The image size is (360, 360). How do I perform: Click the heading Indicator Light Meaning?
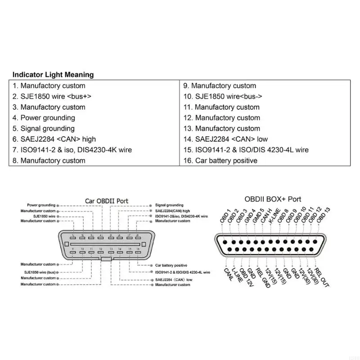53,75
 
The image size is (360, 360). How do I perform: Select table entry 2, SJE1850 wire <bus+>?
52,96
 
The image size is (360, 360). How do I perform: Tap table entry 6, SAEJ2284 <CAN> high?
54,139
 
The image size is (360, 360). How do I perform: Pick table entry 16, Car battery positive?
220,161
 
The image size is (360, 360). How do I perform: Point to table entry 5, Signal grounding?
44,129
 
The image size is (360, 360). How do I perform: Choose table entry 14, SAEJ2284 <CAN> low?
225,139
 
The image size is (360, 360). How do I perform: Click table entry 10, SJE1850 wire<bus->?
222,96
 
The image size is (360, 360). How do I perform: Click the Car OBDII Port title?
107,201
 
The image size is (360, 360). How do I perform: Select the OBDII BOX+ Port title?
273,199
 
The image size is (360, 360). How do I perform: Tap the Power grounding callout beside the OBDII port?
41,205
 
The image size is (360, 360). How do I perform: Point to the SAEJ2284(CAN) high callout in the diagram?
172,211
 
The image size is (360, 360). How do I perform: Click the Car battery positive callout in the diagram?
171,265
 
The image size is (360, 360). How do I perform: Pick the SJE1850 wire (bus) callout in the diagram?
40,272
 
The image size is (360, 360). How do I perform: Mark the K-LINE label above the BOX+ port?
274,216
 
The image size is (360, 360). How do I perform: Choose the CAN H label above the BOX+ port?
266,216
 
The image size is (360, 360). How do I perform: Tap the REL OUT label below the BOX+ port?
321,278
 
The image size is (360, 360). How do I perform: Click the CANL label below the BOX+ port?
229,274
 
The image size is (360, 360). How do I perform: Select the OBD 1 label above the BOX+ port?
225,216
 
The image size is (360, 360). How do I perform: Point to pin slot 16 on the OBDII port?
138,252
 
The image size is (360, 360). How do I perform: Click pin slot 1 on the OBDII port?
73,238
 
